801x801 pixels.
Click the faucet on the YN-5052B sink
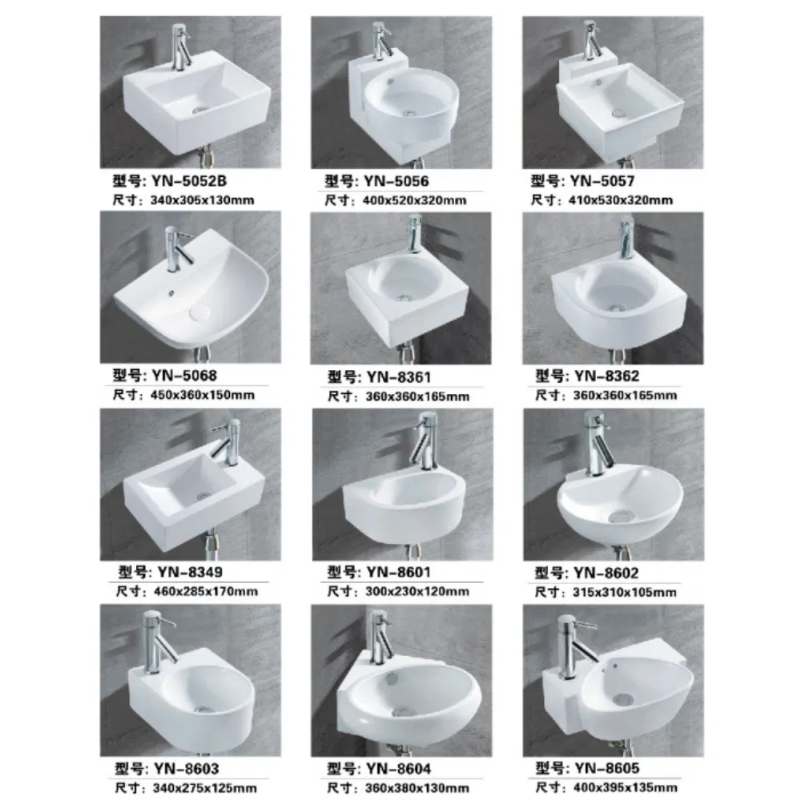click(x=181, y=48)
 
